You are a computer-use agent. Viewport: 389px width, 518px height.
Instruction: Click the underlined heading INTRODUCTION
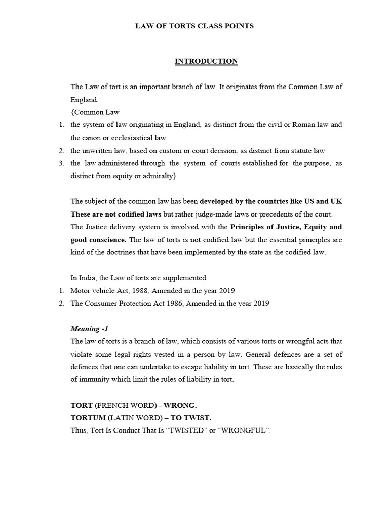[206, 61]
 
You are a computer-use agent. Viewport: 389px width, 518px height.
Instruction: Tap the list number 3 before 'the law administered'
[61, 163]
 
